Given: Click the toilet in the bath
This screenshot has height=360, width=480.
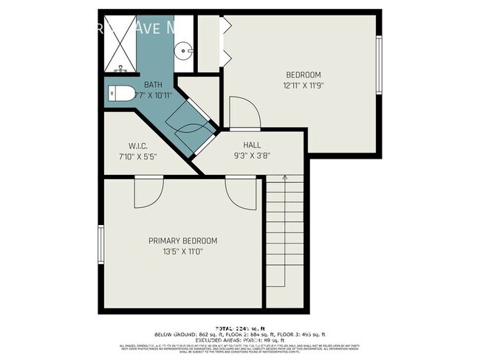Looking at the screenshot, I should click(120, 94).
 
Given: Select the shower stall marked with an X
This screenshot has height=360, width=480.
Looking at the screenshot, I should click(120, 44).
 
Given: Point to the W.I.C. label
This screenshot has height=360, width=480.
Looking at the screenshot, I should click(139, 145).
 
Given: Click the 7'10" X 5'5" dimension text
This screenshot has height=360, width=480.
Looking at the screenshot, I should click(139, 156).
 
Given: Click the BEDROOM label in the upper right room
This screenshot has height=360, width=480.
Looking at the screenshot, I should click(304, 75).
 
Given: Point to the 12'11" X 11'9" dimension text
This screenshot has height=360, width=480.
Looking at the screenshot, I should click(304, 86).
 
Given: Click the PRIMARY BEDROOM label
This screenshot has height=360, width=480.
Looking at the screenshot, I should click(182, 241).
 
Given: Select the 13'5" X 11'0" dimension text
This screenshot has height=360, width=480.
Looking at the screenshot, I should click(182, 252).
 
